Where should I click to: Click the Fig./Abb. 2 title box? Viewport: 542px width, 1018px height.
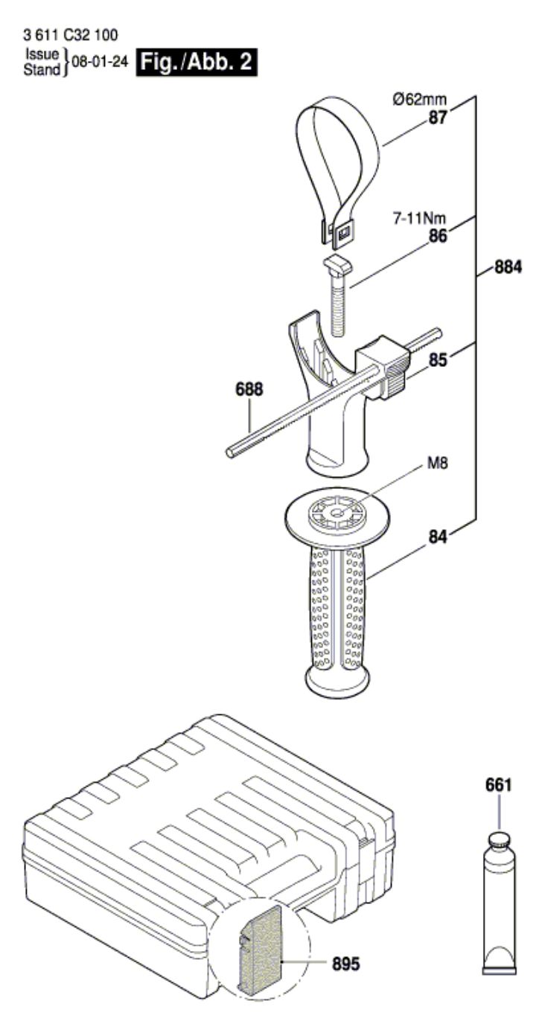coord(197,62)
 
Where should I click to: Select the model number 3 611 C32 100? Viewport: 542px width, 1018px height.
coord(69,35)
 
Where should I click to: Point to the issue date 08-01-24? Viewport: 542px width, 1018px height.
coord(100,62)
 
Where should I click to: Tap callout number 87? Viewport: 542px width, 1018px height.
coord(438,118)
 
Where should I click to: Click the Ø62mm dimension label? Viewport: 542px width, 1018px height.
coord(420,99)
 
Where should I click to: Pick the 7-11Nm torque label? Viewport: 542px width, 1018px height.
coord(420,219)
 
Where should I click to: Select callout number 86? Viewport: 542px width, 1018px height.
coord(438,237)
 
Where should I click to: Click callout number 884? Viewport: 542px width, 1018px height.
coord(508,267)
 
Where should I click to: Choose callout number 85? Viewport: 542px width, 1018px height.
coord(438,360)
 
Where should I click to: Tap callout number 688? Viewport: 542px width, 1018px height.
coord(249,389)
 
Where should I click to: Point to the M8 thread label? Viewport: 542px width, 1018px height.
coord(438,464)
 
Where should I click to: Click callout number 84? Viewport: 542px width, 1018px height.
coord(438,537)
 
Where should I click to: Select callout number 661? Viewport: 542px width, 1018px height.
coord(498,785)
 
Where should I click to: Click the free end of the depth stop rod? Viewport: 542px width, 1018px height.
coord(231,452)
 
